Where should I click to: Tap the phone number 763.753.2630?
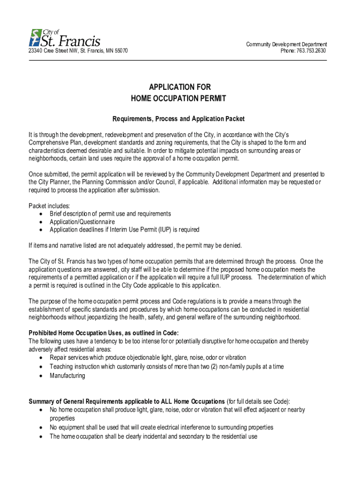tap(310, 51)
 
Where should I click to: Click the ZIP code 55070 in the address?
tap(121, 51)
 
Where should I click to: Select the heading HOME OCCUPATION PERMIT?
tap(178, 99)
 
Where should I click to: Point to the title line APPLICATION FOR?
tap(180, 87)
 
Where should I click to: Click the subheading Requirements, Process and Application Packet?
tap(180, 119)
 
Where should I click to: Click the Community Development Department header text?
tap(286, 44)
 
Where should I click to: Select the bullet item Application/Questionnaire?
tap(82, 222)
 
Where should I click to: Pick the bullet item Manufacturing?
tap(67, 376)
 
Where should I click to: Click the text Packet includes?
tap(49, 205)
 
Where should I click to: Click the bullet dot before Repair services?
tap(42, 358)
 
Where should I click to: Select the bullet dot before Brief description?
tap(42, 214)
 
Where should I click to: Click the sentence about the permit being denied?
tap(135, 246)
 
